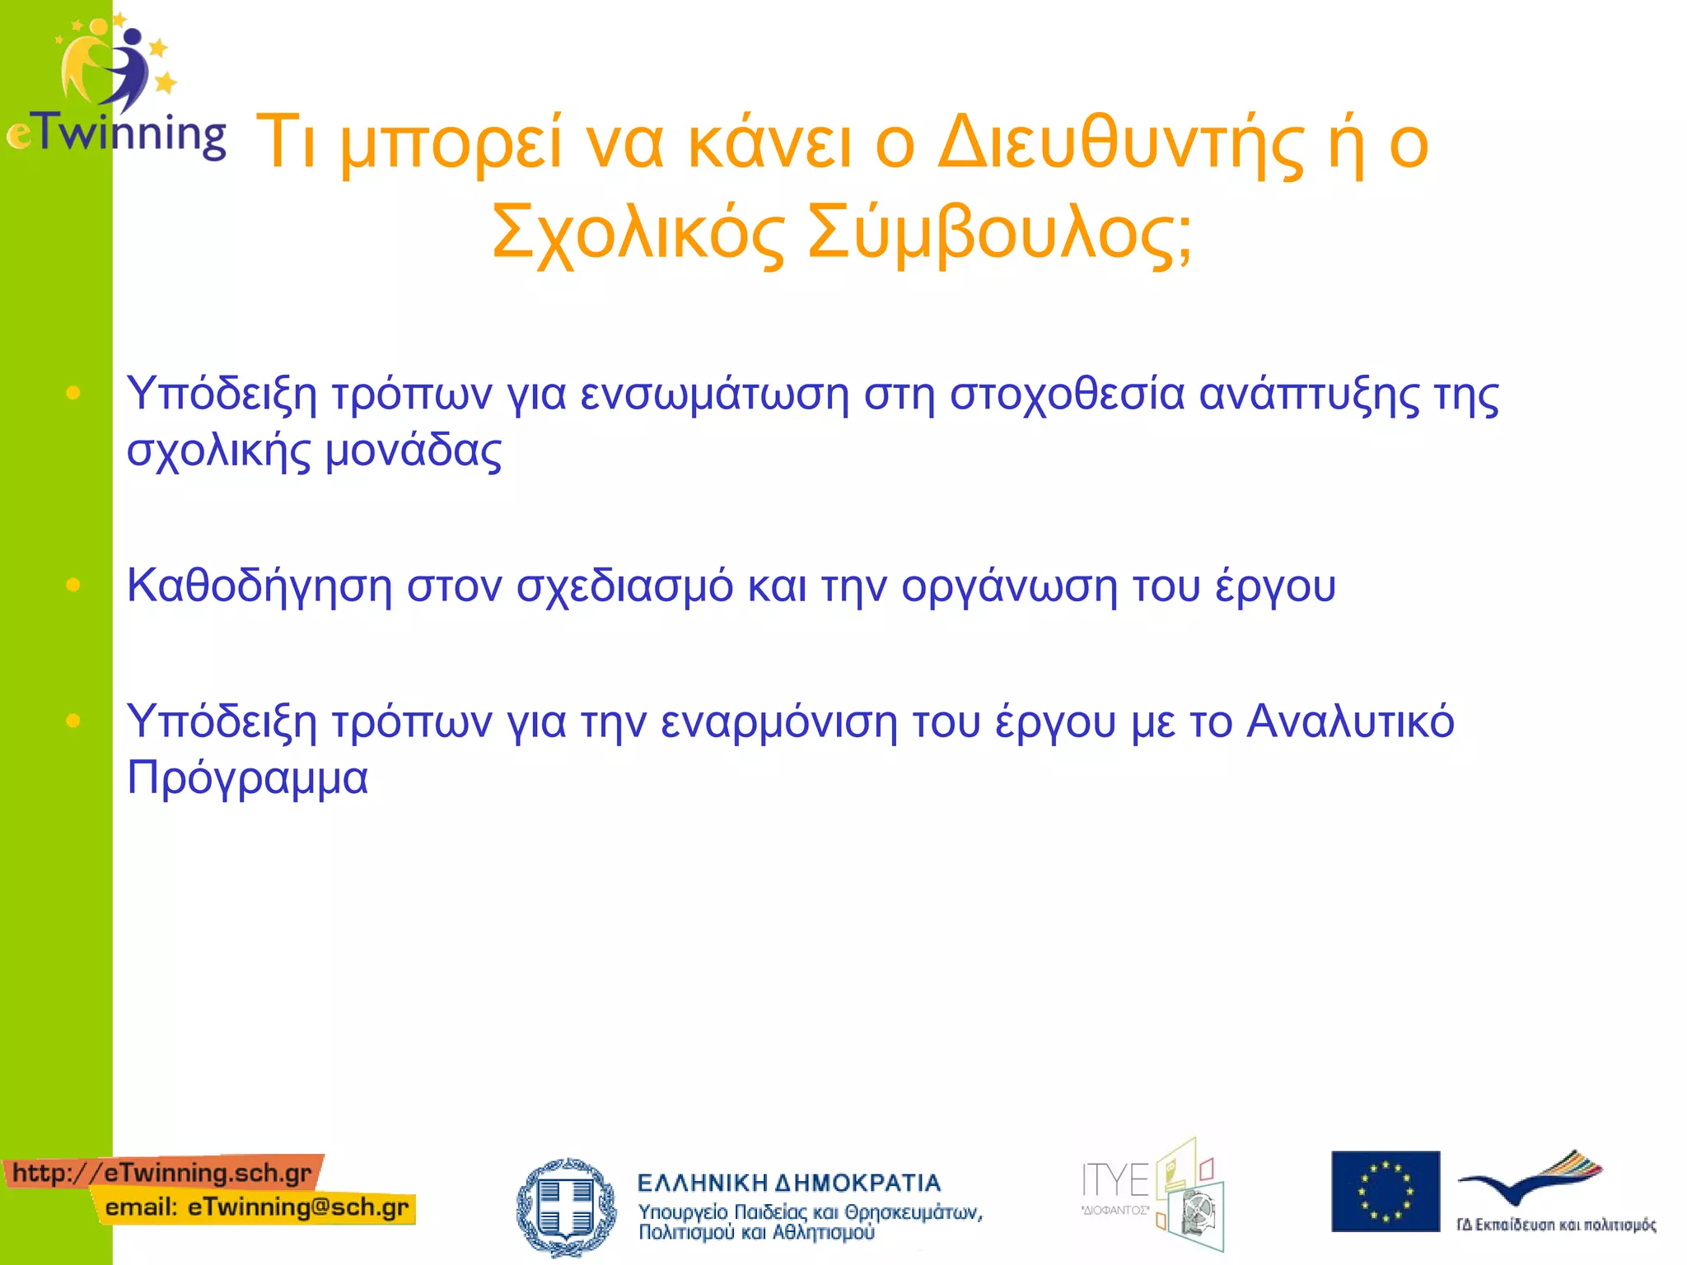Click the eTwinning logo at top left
click(x=115, y=86)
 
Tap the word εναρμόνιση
click(x=778, y=722)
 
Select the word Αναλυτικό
click(x=1350, y=722)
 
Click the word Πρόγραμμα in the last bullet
click(x=247, y=778)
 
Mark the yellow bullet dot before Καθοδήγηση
click(x=73, y=585)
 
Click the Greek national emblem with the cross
click(x=566, y=1207)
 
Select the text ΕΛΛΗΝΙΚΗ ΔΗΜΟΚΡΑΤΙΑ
click(x=788, y=1183)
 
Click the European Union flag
click(x=1386, y=1191)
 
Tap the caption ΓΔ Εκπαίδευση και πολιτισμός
click(x=1556, y=1225)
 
